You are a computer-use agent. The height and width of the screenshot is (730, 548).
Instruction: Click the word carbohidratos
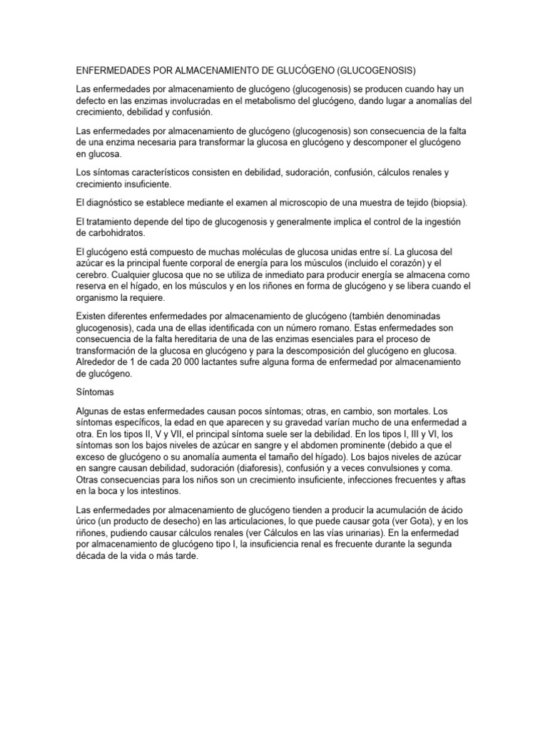(118, 233)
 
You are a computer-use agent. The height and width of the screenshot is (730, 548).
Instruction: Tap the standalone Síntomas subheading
(96, 392)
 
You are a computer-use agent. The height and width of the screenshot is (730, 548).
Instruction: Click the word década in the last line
(91, 556)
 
